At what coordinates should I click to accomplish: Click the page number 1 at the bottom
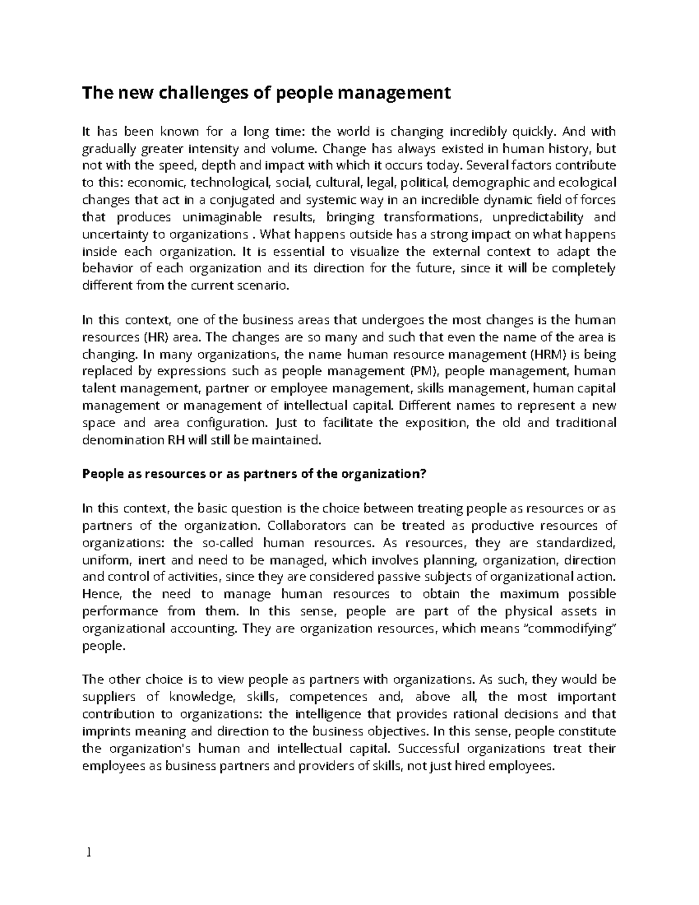pos(89,853)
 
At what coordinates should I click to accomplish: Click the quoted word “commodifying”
pos(564,629)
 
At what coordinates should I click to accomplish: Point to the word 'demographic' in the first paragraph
pos(494,183)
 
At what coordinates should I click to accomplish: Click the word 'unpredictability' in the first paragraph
pos(538,217)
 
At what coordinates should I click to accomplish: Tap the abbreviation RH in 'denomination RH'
pos(160,440)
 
